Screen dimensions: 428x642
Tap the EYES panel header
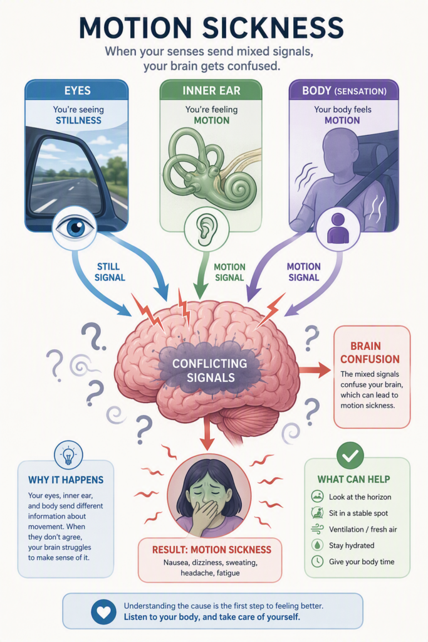(x=77, y=90)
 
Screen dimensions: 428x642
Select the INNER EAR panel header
(x=211, y=90)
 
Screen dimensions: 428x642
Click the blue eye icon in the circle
(x=75, y=228)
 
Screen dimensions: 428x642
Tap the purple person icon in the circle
(x=338, y=228)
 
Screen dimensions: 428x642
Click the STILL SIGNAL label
(x=110, y=272)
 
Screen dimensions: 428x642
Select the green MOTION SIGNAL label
(x=229, y=272)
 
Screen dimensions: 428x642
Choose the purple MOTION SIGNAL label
(x=303, y=272)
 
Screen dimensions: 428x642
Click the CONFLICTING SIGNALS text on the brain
(x=210, y=371)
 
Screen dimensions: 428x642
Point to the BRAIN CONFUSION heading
(x=370, y=352)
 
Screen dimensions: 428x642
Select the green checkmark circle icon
(x=350, y=456)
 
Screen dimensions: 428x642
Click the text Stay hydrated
(x=352, y=545)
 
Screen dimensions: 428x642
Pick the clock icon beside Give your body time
(x=317, y=561)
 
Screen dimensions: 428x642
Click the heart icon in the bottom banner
(x=104, y=612)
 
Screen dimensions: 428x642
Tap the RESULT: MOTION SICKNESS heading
(x=212, y=549)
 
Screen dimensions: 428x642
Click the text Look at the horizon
(x=360, y=497)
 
